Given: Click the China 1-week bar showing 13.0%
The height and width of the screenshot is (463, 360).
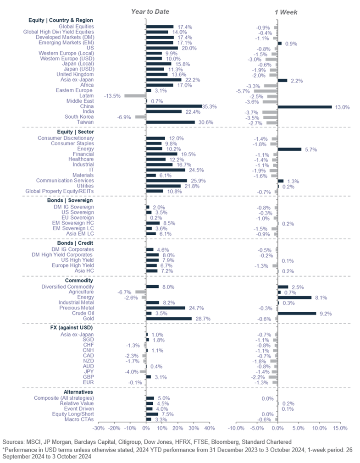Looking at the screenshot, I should [305, 107].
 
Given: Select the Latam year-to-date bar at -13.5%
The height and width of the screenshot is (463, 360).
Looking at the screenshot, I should [135, 96].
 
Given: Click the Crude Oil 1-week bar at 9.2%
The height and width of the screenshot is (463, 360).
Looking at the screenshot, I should [297, 314].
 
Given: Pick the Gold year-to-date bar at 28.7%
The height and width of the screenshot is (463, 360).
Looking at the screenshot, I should [169, 318].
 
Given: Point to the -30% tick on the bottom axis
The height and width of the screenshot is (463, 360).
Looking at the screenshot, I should [98, 428].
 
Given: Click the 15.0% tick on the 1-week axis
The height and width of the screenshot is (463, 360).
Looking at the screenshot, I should [340, 428].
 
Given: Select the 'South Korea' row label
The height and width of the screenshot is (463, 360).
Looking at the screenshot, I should [78, 117].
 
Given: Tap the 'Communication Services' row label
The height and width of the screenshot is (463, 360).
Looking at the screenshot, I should [65, 180].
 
